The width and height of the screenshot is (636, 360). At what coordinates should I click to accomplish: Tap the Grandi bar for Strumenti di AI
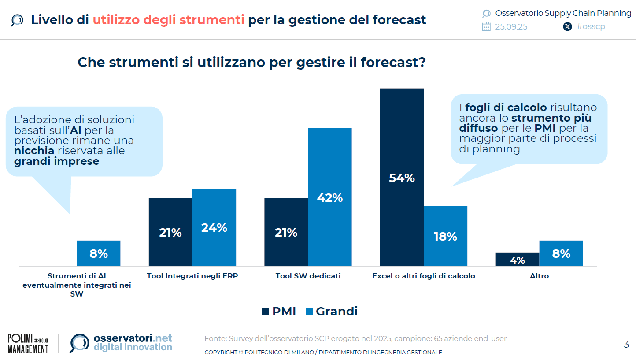(x=99, y=253)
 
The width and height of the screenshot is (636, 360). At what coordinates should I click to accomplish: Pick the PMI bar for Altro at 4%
(x=517, y=260)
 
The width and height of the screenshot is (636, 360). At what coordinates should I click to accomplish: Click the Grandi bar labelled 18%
(x=445, y=236)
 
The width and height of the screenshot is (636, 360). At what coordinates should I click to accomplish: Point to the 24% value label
(x=214, y=228)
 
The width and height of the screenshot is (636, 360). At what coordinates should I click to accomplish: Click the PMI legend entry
(x=279, y=312)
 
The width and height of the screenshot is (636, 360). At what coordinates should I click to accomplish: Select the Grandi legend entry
(x=331, y=312)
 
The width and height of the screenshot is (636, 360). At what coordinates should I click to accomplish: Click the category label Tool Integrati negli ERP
(x=192, y=276)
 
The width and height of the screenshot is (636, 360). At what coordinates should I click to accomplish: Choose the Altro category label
(x=540, y=276)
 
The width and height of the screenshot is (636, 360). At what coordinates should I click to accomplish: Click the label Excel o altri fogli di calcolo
(x=424, y=276)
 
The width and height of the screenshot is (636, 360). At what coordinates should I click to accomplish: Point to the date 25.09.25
(x=511, y=26)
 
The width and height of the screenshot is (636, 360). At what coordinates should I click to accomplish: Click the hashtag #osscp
(x=591, y=26)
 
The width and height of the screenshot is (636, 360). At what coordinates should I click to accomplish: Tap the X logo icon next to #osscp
(x=568, y=26)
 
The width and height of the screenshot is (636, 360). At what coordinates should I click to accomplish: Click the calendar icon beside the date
(x=486, y=26)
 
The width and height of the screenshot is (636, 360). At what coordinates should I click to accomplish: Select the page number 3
(x=626, y=345)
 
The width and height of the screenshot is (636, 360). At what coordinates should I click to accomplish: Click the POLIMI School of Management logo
(x=28, y=344)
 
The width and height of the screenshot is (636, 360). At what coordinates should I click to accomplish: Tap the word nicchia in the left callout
(x=34, y=151)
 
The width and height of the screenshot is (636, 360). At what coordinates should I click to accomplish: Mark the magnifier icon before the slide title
(x=17, y=20)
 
